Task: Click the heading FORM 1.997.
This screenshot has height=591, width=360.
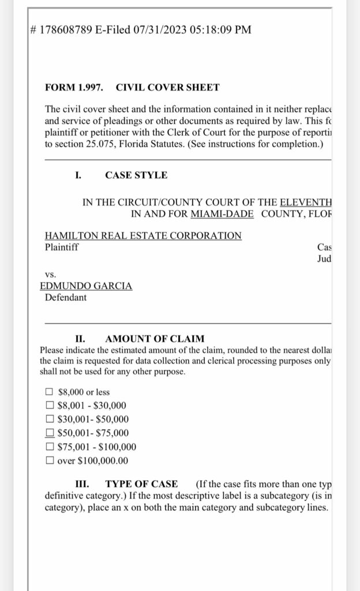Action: coord(74,88)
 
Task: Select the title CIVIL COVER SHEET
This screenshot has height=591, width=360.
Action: coord(167,88)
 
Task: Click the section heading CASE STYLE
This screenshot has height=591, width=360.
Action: coord(136,175)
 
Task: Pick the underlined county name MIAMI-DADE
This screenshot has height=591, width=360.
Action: coord(223,213)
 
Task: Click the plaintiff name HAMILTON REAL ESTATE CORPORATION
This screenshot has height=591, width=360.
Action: coord(143,235)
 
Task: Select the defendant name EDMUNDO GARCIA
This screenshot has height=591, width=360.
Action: coord(86,286)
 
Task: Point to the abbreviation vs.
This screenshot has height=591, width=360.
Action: coord(50,275)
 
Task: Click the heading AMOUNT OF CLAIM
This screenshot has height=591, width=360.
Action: coord(155,339)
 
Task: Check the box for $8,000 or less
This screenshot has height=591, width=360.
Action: coord(50,392)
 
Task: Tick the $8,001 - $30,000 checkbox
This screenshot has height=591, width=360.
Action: coord(50,406)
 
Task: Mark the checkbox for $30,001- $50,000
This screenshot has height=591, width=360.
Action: coord(50,420)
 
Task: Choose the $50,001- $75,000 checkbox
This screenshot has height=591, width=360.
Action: coord(50,433)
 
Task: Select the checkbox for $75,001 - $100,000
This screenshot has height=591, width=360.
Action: coord(50,447)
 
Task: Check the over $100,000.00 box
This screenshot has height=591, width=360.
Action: coord(50,461)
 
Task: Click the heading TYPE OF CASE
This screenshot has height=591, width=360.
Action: coord(141,484)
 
